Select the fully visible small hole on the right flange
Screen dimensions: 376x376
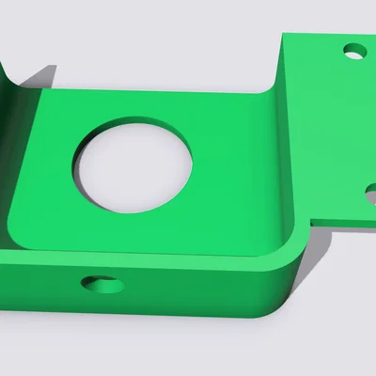tap(354, 50)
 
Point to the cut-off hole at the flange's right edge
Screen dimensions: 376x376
tap(371, 194)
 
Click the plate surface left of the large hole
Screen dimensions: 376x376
tap(47, 169)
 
